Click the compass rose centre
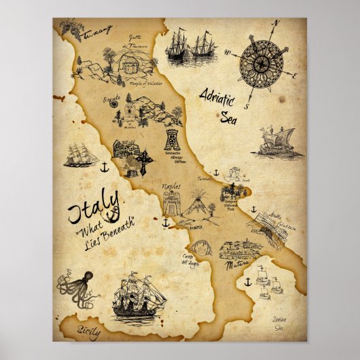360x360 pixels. click(x=261, y=62)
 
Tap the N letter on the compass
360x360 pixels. click(x=276, y=23)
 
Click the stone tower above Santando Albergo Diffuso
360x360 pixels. click(x=173, y=139)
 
